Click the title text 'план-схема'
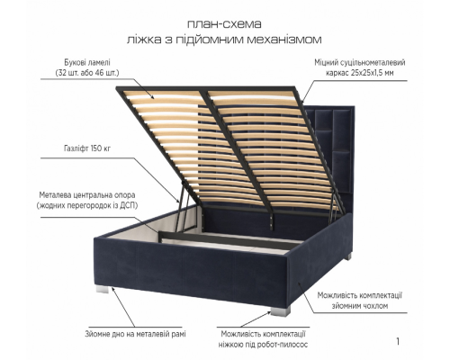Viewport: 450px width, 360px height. click(224, 24)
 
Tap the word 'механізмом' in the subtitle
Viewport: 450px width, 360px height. click(284, 40)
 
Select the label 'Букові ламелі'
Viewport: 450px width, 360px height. click(87, 63)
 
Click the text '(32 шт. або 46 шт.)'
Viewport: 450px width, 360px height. click(87, 73)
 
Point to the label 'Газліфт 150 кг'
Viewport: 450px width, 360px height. click(87, 148)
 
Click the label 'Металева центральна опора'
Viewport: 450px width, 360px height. click(87, 195)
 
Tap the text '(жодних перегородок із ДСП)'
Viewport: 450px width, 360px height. click(87, 205)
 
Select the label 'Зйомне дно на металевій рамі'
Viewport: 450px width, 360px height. click(135, 334)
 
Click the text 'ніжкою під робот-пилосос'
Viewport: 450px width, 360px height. click(263, 345)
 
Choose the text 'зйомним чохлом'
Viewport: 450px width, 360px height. click(360, 306)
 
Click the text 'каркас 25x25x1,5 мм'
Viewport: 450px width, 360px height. click(360, 73)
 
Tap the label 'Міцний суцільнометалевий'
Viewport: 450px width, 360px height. click(360, 62)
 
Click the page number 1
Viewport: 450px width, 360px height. click(398, 341)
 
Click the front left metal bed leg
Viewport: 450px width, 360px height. click(101, 289)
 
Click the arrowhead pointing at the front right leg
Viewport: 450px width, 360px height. click(268, 313)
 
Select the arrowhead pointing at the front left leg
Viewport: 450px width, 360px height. click(113, 289)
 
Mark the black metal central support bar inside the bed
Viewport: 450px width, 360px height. click(228, 239)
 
